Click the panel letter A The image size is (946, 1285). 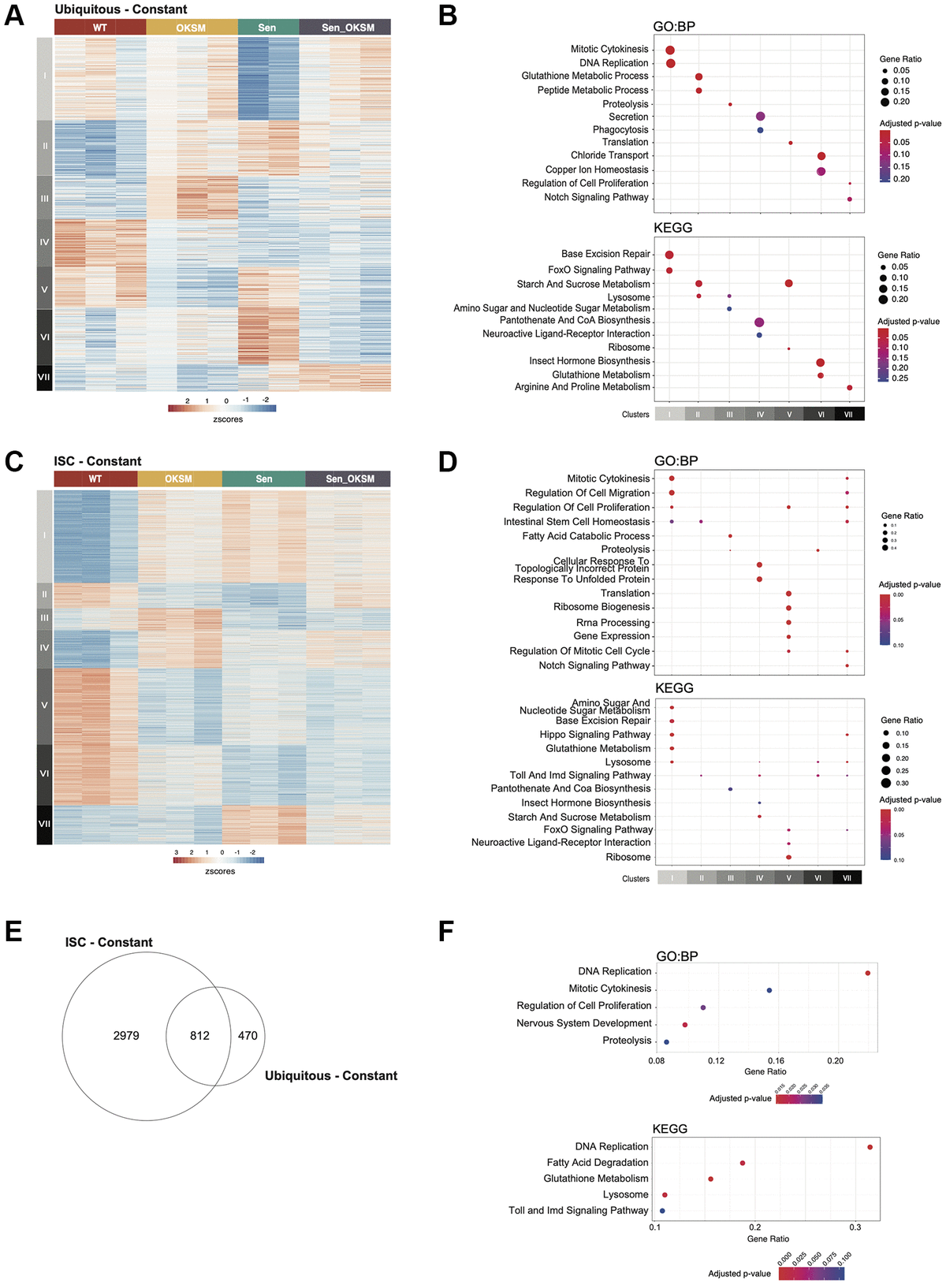(x=14, y=15)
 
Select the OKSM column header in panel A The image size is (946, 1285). (x=191, y=28)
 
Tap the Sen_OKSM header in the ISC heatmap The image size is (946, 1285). (x=350, y=479)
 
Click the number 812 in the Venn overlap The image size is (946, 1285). (x=199, y=1036)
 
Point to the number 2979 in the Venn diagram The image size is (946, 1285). (x=126, y=1036)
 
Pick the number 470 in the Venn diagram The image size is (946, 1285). (x=248, y=1036)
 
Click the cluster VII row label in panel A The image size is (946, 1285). (x=44, y=377)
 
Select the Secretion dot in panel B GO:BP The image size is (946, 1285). (x=760, y=117)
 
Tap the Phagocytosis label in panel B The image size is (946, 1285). (x=620, y=129)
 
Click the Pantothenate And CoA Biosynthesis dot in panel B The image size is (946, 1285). (x=759, y=322)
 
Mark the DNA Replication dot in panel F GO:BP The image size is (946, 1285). (x=868, y=973)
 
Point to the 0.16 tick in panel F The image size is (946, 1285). (x=776, y=1061)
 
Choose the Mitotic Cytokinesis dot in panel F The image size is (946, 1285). (x=769, y=990)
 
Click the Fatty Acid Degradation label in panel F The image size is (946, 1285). (x=598, y=1162)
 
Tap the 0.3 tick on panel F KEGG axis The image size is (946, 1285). (x=855, y=1227)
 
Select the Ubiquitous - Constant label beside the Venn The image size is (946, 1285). (x=331, y=1076)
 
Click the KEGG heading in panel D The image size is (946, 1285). (x=674, y=688)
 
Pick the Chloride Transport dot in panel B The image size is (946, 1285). (x=821, y=156)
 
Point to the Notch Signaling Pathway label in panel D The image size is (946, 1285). (x=594, y=665)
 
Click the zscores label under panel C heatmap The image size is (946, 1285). (x=220, y=871)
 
